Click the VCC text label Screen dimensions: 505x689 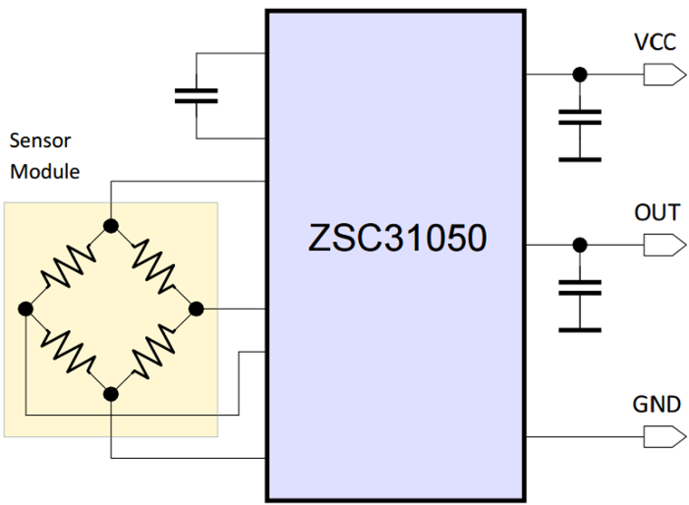point(654,42)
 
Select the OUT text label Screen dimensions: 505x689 point(657,212)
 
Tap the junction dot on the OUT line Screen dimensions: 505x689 point(579,244)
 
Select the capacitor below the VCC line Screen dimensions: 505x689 point(579,117)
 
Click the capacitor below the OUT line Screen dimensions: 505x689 point(579,287)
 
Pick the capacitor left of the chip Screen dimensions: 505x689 point(196,95)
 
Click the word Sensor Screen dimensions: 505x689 point(40,141)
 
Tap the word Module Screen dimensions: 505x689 point(46,172)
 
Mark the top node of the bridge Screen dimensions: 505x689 point(111,225)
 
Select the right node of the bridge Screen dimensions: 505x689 point(196,310)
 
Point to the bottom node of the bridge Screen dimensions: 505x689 point(111,394)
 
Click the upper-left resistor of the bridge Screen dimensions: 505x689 point(67,268)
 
